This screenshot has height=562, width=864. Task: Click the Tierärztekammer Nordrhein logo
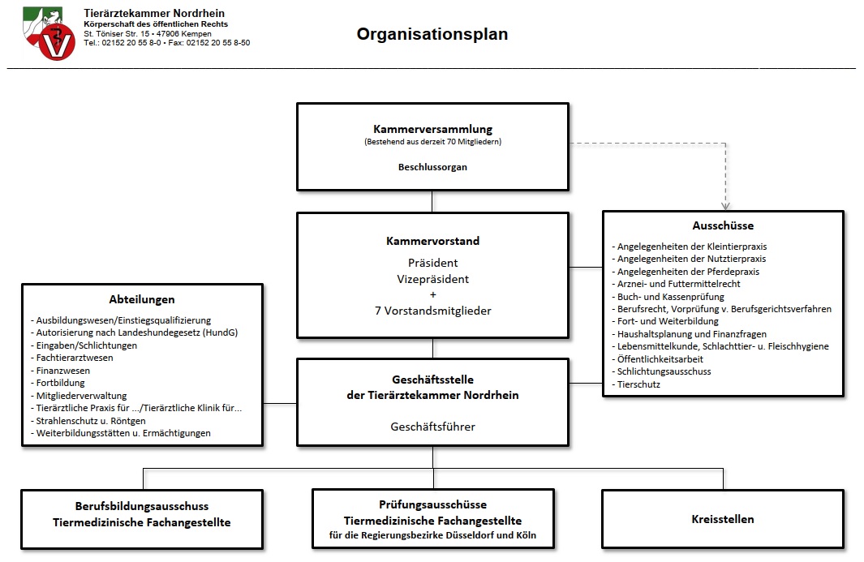pyautogui.click(x=49, y=33)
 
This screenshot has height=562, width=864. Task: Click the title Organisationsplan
pyautogui.click(x=432, y=34)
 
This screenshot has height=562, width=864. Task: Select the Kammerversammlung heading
pyautogui.click(x=432, y=129)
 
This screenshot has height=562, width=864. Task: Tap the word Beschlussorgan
pyautogui.click(x=432, y=167)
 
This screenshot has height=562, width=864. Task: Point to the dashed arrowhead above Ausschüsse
pyautogui.click(x=726, y=207)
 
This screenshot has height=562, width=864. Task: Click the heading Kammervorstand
pyautogui.click(x=432, y=241)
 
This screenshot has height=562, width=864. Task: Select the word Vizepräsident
pyautogui.click(x=432, y=279)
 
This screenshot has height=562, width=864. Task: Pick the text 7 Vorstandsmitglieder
pyautogui.click(x=432, y=311)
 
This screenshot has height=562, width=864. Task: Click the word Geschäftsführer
pyautogui.click(x=432, y=427)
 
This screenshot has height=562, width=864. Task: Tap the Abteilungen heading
pyautogui.click(x=142, y=299)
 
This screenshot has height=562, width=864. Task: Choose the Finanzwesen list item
pyautogui.click(x=60, y=371)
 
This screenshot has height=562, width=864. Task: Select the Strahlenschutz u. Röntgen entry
pyautogui.click(x=88, y=421)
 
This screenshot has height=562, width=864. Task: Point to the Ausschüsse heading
pyautogui.click(x=723, y=225)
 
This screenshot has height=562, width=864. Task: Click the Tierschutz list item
pyautogui.click(x=636, y=384)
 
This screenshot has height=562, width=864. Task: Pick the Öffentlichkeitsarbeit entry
pyautogui.click(x=657, y=359)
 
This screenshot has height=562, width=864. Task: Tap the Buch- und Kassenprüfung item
pyautogui.click(x=668, y=297)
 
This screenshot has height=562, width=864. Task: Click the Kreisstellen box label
pyautogui.click(x=722, y=519)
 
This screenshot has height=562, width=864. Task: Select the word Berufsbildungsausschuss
pyautogui.click(x=142, y=506)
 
